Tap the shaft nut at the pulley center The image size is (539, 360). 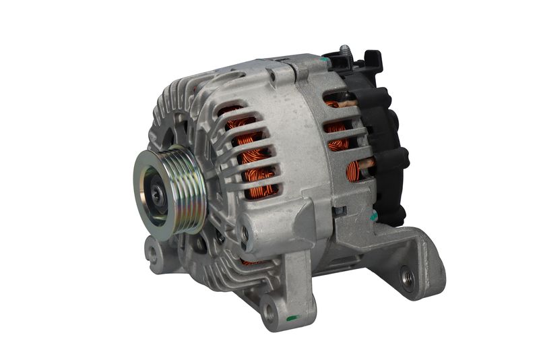[x=156, y=193]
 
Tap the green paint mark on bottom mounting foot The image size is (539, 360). [x=291, y=318]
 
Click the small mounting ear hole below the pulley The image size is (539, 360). [x=154, y=256]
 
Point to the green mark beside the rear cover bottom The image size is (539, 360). [x=374, y=217]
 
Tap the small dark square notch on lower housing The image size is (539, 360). [x=340, y=211]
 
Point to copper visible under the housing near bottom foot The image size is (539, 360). [x=252, y=261]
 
